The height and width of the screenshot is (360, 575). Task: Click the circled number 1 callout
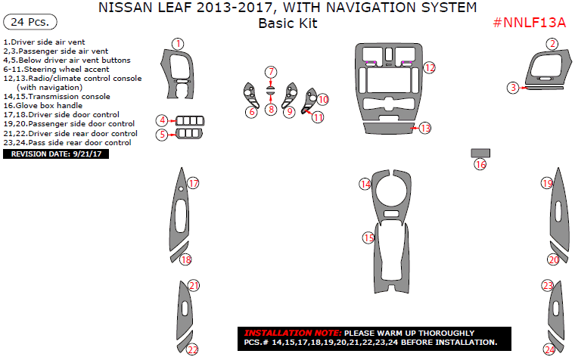177,44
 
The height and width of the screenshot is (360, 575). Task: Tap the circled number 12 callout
429,68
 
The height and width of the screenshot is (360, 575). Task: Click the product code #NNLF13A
530,23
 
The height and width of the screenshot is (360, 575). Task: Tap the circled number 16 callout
480,164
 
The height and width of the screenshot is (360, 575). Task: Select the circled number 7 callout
271,72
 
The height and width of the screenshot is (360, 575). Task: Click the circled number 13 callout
425,128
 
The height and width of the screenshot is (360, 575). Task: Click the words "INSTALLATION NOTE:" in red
292,333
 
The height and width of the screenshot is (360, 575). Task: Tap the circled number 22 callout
193,349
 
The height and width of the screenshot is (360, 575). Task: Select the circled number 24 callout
549,349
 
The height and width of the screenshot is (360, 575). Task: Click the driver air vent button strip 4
189,119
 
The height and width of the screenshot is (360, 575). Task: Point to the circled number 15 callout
368,237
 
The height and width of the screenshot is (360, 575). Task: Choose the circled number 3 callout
513,88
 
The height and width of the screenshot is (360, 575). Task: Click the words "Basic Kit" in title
287,23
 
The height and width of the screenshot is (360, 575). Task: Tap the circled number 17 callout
193,183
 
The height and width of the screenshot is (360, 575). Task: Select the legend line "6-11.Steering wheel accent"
56,69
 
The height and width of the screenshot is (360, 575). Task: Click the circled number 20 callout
553,259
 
